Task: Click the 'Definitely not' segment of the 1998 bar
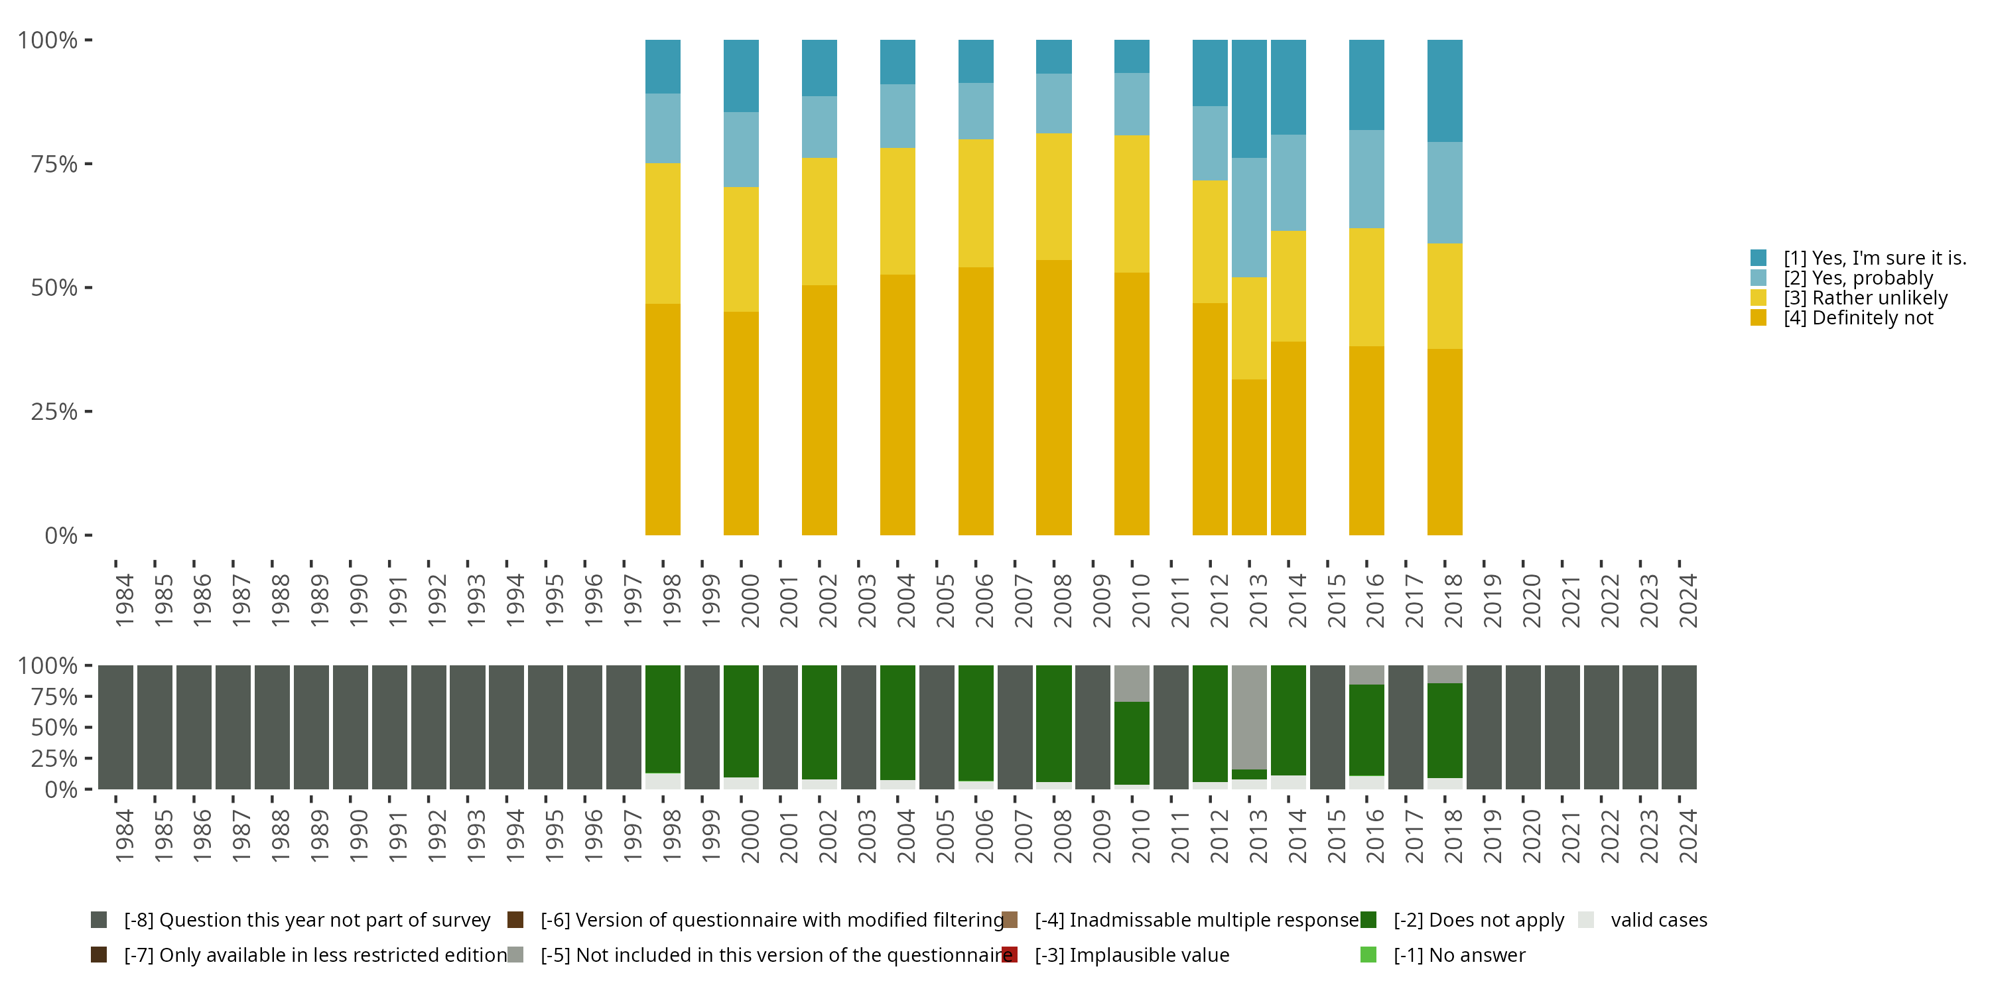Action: point(663,419)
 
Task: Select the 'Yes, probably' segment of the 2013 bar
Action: point(1248,217)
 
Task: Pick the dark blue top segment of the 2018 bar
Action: point(1444,90)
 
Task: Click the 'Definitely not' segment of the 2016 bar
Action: point(1366,440)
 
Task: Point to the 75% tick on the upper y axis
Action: point(88,164)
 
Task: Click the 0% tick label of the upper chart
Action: point(61,535)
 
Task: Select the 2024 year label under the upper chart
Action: point(1688,600)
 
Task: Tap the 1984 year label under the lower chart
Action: point(123,836)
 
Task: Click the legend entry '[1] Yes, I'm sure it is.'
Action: point(1874,258)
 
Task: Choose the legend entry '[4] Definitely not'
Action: point(1857,318)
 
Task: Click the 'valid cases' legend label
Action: point(1658,920)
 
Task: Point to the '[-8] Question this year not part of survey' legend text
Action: point(306,920)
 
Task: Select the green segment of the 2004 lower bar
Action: point(897,722)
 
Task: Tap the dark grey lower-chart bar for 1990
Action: point(350,727)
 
